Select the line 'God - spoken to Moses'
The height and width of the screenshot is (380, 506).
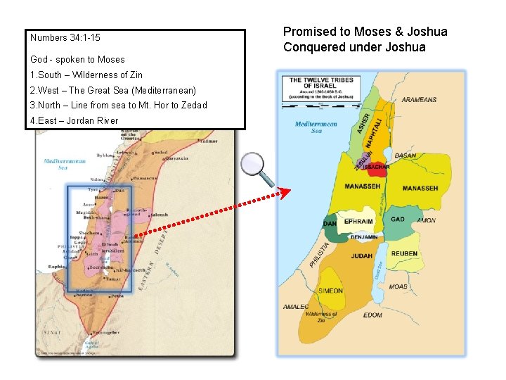(x=77, y=60)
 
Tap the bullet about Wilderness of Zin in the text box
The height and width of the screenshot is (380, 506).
(x=86, y=75)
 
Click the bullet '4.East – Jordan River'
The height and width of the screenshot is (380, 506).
(x=74, y=120)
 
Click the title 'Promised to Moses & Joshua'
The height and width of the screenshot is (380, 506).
(x=365, y=32)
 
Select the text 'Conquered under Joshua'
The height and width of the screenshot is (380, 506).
(x=354, y=47)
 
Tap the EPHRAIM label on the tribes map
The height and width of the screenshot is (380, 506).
(x=358, y=221)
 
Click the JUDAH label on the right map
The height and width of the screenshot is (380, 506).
(x=361, y=256)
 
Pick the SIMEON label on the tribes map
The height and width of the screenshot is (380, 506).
(x=330, y=291)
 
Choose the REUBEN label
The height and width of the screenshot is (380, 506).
(x=404, y=253)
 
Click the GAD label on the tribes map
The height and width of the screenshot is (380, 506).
(x=398, y=220)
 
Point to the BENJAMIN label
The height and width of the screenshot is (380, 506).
(x=363, y=238)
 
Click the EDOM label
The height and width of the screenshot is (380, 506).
(x=372, y=315)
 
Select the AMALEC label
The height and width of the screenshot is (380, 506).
(x=295, y=307)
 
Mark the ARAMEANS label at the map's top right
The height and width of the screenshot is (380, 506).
(x=419, y=100)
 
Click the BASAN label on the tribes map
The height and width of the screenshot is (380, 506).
(x=406, y=156)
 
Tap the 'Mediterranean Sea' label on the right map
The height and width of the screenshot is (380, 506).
(x=316, y=127)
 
